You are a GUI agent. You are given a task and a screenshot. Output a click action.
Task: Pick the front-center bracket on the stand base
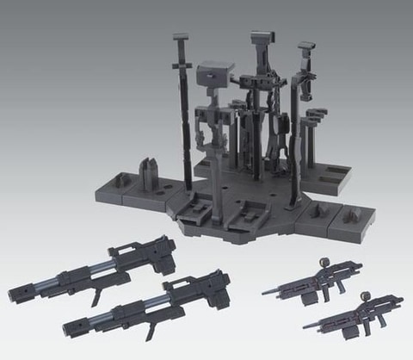click(256, 209)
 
